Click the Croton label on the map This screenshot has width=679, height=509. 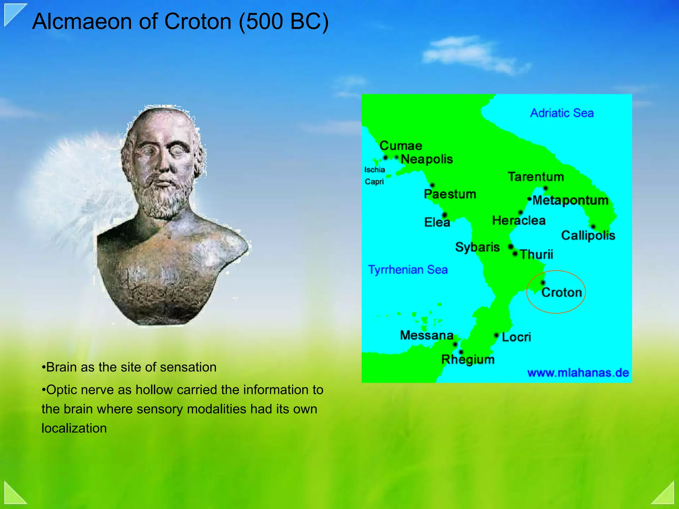tap(562, 292)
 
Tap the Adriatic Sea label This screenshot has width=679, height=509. tap(562, 113)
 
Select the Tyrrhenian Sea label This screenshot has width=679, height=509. tap(408, 270)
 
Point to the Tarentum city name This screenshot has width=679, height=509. tap(536, 177)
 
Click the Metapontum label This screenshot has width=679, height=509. tap(570, 200)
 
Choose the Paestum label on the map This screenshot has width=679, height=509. tap(450, 194)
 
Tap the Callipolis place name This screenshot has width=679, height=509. tap(588, 235)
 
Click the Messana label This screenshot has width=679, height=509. tap(427, 335)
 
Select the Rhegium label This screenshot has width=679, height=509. tap(468, 360)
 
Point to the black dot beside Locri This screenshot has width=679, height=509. tap(496, 335)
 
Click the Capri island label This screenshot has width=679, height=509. tap(374, 182)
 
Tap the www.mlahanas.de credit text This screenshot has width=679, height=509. tap(578, 373)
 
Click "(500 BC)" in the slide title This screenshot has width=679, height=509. tap(284, 22)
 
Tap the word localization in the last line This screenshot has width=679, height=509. tap(74, 428)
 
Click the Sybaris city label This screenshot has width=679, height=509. tap(477, 247)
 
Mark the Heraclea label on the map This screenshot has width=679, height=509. tap(519, 220)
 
